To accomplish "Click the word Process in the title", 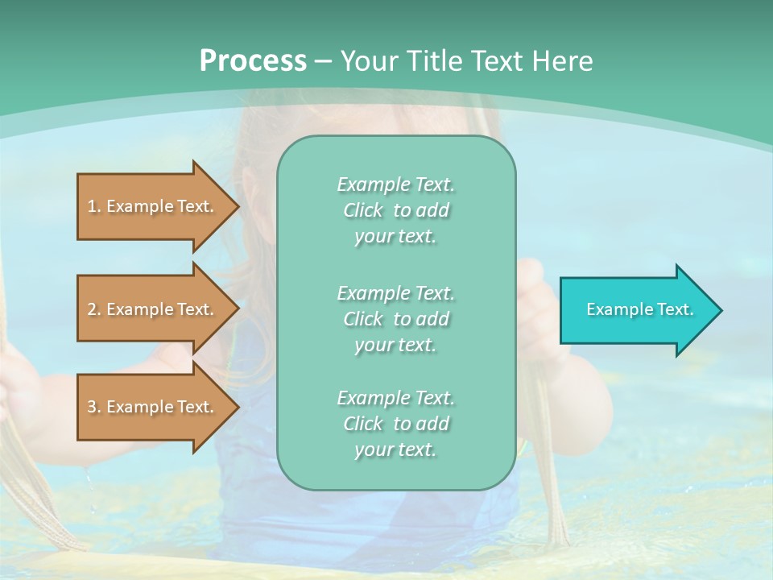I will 253,61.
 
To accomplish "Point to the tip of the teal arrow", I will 719,310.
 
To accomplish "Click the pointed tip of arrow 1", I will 237,206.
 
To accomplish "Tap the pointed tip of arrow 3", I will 237,407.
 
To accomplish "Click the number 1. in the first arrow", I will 94,206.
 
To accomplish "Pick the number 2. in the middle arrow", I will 94,309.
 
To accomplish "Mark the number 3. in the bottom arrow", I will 94,407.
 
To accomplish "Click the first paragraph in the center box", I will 396,210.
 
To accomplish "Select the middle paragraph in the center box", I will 396,319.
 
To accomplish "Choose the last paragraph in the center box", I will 396,424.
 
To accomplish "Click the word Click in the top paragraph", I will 363,210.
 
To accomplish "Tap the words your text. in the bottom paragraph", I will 395,449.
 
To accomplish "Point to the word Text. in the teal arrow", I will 671,309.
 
